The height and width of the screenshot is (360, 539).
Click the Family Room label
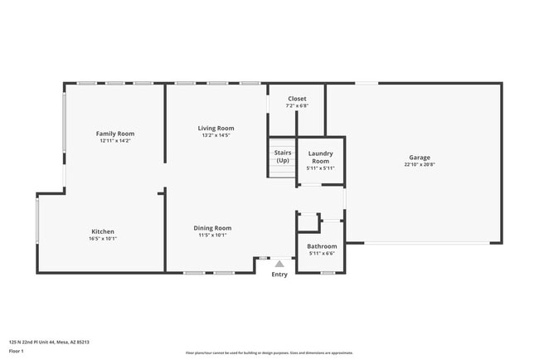coord(115,134)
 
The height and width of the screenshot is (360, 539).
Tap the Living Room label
coord(216,129)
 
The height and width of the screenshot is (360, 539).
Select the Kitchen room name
coord(103,231)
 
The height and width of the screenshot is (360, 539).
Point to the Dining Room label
coord(212,228)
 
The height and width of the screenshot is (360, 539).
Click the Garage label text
coord(419,158)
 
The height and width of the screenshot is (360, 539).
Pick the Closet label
coord(297,99)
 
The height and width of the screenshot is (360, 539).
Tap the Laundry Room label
coord(320,157)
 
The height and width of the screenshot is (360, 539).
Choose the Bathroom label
coord(322,246)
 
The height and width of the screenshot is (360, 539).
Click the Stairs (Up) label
coord(283,156)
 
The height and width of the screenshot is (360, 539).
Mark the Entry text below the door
coord(279,275)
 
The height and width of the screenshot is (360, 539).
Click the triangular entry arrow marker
coord(279,264)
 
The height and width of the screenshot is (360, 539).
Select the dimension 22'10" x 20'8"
coord(419,165)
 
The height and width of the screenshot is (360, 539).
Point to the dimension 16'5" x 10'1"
coord(103,239)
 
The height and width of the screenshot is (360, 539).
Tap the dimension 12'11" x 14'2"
coord(115,141)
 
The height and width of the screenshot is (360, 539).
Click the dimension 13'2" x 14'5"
coord(216,136)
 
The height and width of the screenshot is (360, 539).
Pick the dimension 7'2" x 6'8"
coord(297,106)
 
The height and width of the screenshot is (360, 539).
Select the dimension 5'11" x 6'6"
coord(322,254)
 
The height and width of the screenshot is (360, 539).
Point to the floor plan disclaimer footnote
coord(269,353)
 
